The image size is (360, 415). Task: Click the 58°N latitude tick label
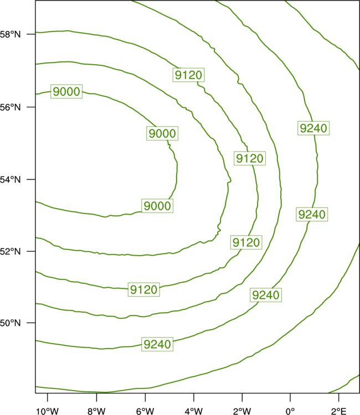click(10, 34)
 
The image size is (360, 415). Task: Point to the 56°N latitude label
click(10, 107)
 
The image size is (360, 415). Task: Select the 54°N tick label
click(10, 180)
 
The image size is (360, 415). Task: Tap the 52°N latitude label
click(10, 251)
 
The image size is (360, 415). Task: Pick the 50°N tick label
click(10, 323)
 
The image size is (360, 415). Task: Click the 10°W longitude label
click(48, 411)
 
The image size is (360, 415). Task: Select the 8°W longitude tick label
click(96, 411)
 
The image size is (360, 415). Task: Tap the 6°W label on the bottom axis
click(145, 411)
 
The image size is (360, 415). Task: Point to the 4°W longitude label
click(194, 411)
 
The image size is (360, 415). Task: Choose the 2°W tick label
click(242, 411)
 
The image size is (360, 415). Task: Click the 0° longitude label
click(290, 411)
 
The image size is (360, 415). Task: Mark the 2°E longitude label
click(338, 411)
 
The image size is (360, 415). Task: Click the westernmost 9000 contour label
click(66, 91)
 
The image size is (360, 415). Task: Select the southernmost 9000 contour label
click(157, 206)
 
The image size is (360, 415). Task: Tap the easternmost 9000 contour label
click(162, 133)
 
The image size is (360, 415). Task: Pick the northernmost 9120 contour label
click(189, 75)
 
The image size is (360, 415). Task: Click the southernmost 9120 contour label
click(144, 289)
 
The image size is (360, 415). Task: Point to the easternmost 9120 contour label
click(250, 158)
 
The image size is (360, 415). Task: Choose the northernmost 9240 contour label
click(313, 128)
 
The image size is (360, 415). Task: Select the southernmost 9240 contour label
click(157, 344)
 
